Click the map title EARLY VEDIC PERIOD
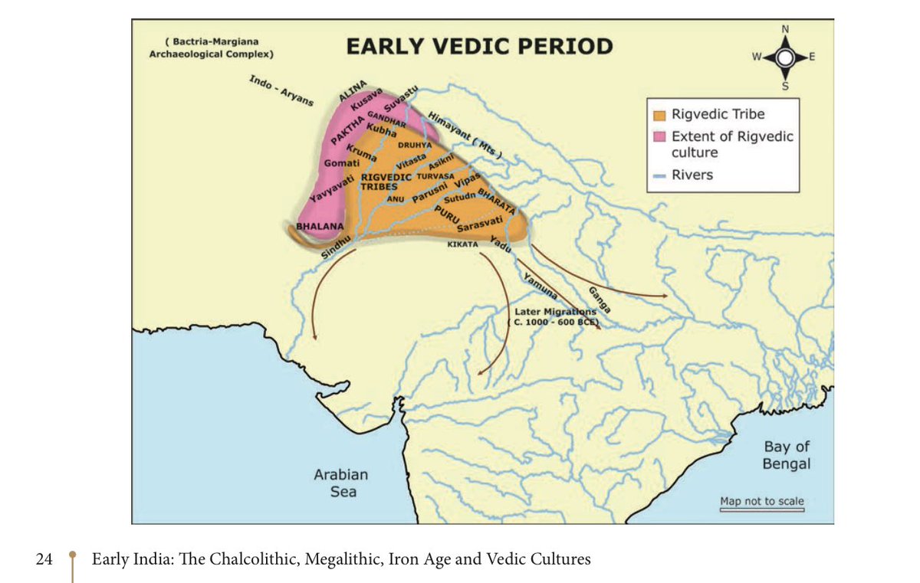pyautogui.click(x=479, y=46)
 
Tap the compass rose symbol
pyautogui.click(x=784, y=58)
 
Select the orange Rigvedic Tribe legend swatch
pyautogui.click(x=659, y=115)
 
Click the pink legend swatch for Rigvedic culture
pyautogui.click(x=659, y=136)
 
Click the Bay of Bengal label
pyautogui.click(x=787, y=455)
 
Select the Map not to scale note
pyautogui.click(x=761, y=502)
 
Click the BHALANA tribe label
pyautogui.click(x=319, y=227)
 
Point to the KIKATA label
pyautogui.click(x=462, y=244)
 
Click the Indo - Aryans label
pyautogui.click(x=281, y=91)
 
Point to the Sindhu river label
pyautogui.click(x=335, y=247)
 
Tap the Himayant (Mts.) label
pyautogui.click(x=465, y=136)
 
